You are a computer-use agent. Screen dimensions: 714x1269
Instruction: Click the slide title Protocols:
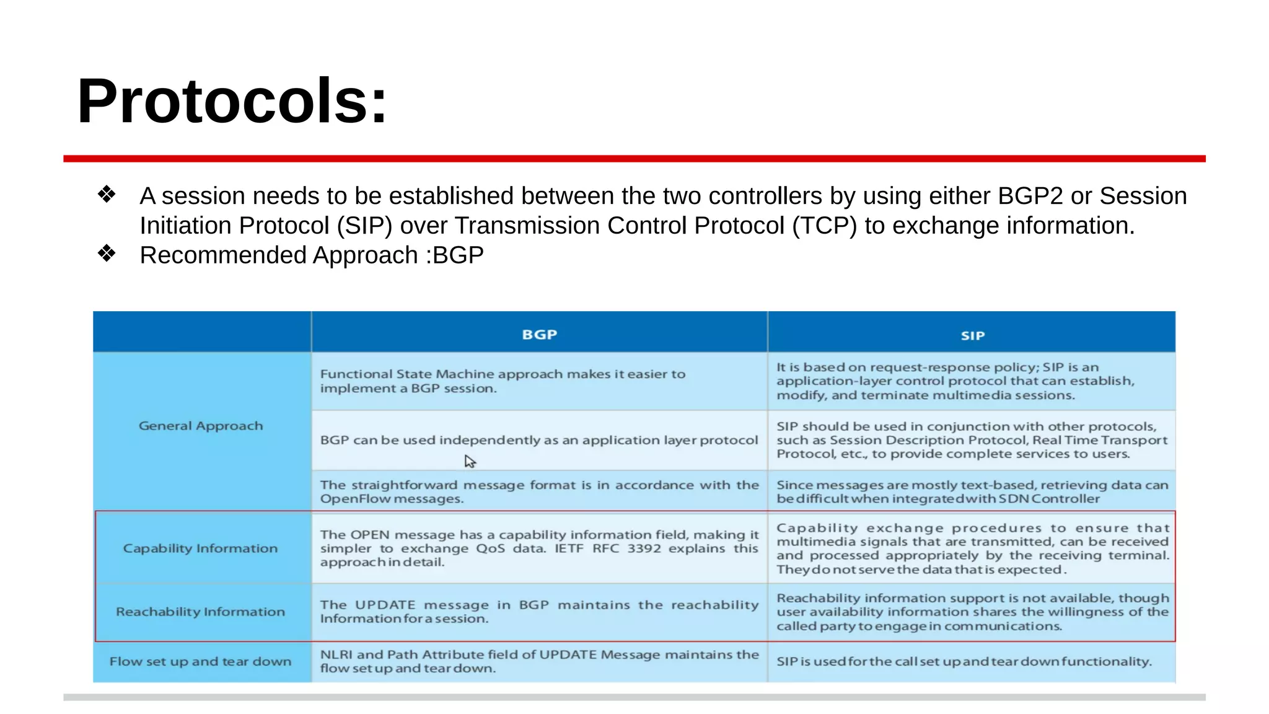232,101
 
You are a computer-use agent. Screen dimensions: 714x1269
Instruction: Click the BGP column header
539,335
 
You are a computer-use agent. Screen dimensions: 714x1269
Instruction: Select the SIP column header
972,335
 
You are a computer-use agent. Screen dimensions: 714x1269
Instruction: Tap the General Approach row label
201,426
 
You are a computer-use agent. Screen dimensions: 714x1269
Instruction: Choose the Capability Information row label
200,549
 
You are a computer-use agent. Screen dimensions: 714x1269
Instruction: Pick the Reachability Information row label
200,612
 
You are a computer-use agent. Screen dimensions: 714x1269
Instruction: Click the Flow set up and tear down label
200,661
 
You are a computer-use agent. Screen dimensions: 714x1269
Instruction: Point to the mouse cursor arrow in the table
470,461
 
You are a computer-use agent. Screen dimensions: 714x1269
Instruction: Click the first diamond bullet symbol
107,195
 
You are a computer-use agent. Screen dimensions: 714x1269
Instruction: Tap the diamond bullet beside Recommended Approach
107,253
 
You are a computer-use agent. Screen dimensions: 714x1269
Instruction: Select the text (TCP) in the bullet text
824,226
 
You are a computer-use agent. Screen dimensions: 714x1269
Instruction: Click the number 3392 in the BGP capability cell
644,549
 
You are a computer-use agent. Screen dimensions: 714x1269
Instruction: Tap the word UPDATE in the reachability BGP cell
385,605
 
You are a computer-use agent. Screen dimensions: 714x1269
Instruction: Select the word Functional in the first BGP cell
356,374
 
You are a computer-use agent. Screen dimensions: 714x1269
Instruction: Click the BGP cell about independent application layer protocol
538,440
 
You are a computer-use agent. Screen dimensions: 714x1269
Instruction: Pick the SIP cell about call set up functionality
964,661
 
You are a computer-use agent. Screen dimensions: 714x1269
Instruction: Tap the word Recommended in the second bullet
222,255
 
